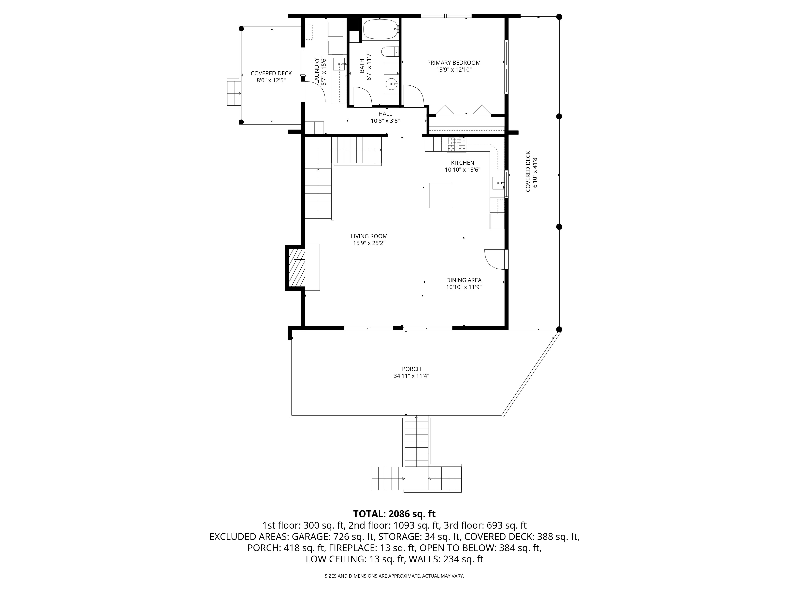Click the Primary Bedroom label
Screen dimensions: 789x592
[454, 63]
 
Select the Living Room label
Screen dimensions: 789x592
[369, 236]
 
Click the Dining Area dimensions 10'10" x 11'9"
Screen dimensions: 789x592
[464, 287]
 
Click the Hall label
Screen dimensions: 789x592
[385, 114]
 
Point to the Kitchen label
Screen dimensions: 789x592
[463, 163]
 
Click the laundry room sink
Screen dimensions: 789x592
[339, 64]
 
